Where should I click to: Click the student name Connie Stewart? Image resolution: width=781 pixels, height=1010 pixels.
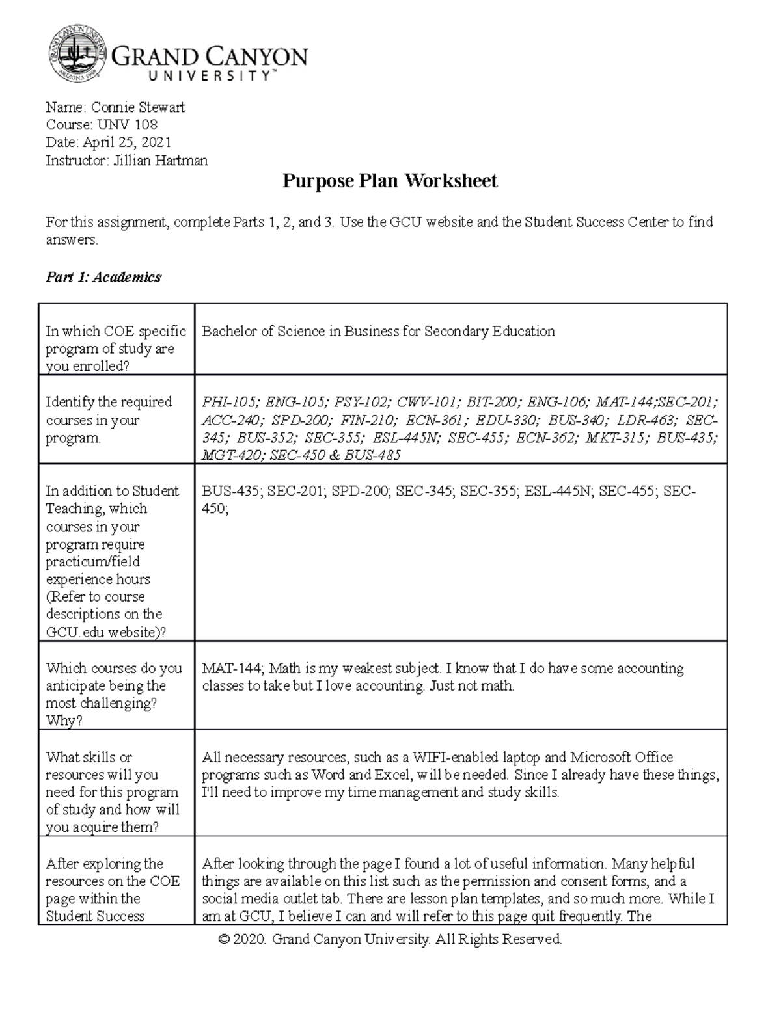[x=138, y=107]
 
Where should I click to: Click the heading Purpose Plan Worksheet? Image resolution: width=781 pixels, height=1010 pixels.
[x=389, y=181]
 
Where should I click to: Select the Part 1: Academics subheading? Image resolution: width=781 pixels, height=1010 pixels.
[x=103, y=278]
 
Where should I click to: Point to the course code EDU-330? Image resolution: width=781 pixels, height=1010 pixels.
[x=506, y=420]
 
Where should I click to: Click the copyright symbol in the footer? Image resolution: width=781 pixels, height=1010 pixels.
[x=225, y=940]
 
